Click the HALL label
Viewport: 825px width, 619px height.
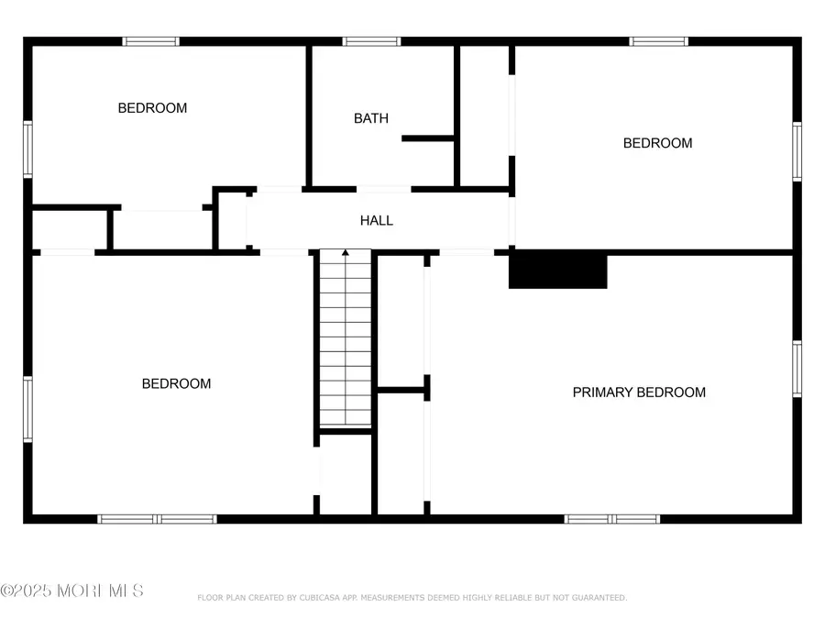[x=376, y=220]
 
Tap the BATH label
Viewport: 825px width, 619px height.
[x=371, y=118]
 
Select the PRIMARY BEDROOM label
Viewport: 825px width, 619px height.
[x=639, y=392]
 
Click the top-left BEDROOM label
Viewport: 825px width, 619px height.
[x=152, y=108]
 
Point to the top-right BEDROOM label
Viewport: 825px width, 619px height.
[x=657, y=143]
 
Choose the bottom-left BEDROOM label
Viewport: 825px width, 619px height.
[x=176, y=384]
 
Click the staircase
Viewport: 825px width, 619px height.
[x=346, y=339]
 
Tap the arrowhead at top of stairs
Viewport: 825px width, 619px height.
[x=346, y=252]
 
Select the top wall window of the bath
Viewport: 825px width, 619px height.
[x=371, y=41]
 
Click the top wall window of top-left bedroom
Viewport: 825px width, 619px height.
[x=151, y=41]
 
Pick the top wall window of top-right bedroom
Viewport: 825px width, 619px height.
[x=658, y=41]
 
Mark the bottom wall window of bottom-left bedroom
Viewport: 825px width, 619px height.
[x=158, y=519]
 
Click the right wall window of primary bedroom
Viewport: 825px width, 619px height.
[x=797, y=370]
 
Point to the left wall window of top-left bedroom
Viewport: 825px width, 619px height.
[x=28, y=149]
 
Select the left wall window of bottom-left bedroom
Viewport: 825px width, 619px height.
[x=28, y=409]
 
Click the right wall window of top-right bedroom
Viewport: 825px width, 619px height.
[x=797, y=152]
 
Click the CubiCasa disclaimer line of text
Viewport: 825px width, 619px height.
[x=412, y=598]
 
